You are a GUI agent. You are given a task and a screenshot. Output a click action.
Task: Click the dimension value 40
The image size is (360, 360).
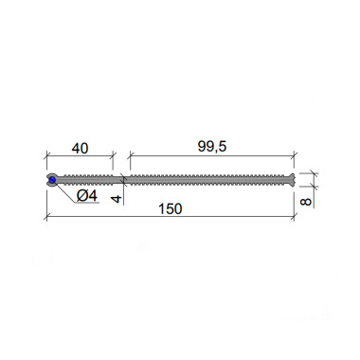[80, 148]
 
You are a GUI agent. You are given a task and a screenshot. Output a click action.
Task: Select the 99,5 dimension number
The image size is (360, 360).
[212, 147]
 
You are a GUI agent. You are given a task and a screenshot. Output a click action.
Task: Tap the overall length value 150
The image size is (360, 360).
[171, 209]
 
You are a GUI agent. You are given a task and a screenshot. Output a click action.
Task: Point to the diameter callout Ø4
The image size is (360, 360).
[87, 196]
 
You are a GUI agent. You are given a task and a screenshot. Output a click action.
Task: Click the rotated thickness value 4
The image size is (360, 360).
[117, 199]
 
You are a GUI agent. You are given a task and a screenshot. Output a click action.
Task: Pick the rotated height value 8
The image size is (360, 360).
[305, 202]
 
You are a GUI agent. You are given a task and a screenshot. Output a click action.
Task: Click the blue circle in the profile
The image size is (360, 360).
[52, 180]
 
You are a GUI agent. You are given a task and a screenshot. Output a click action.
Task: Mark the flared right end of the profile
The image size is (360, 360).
[292, 180]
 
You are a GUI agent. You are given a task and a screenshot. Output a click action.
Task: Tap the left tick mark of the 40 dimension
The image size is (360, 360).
[47, 155]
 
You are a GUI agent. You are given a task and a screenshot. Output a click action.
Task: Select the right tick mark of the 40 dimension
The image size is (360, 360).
[113, 155]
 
